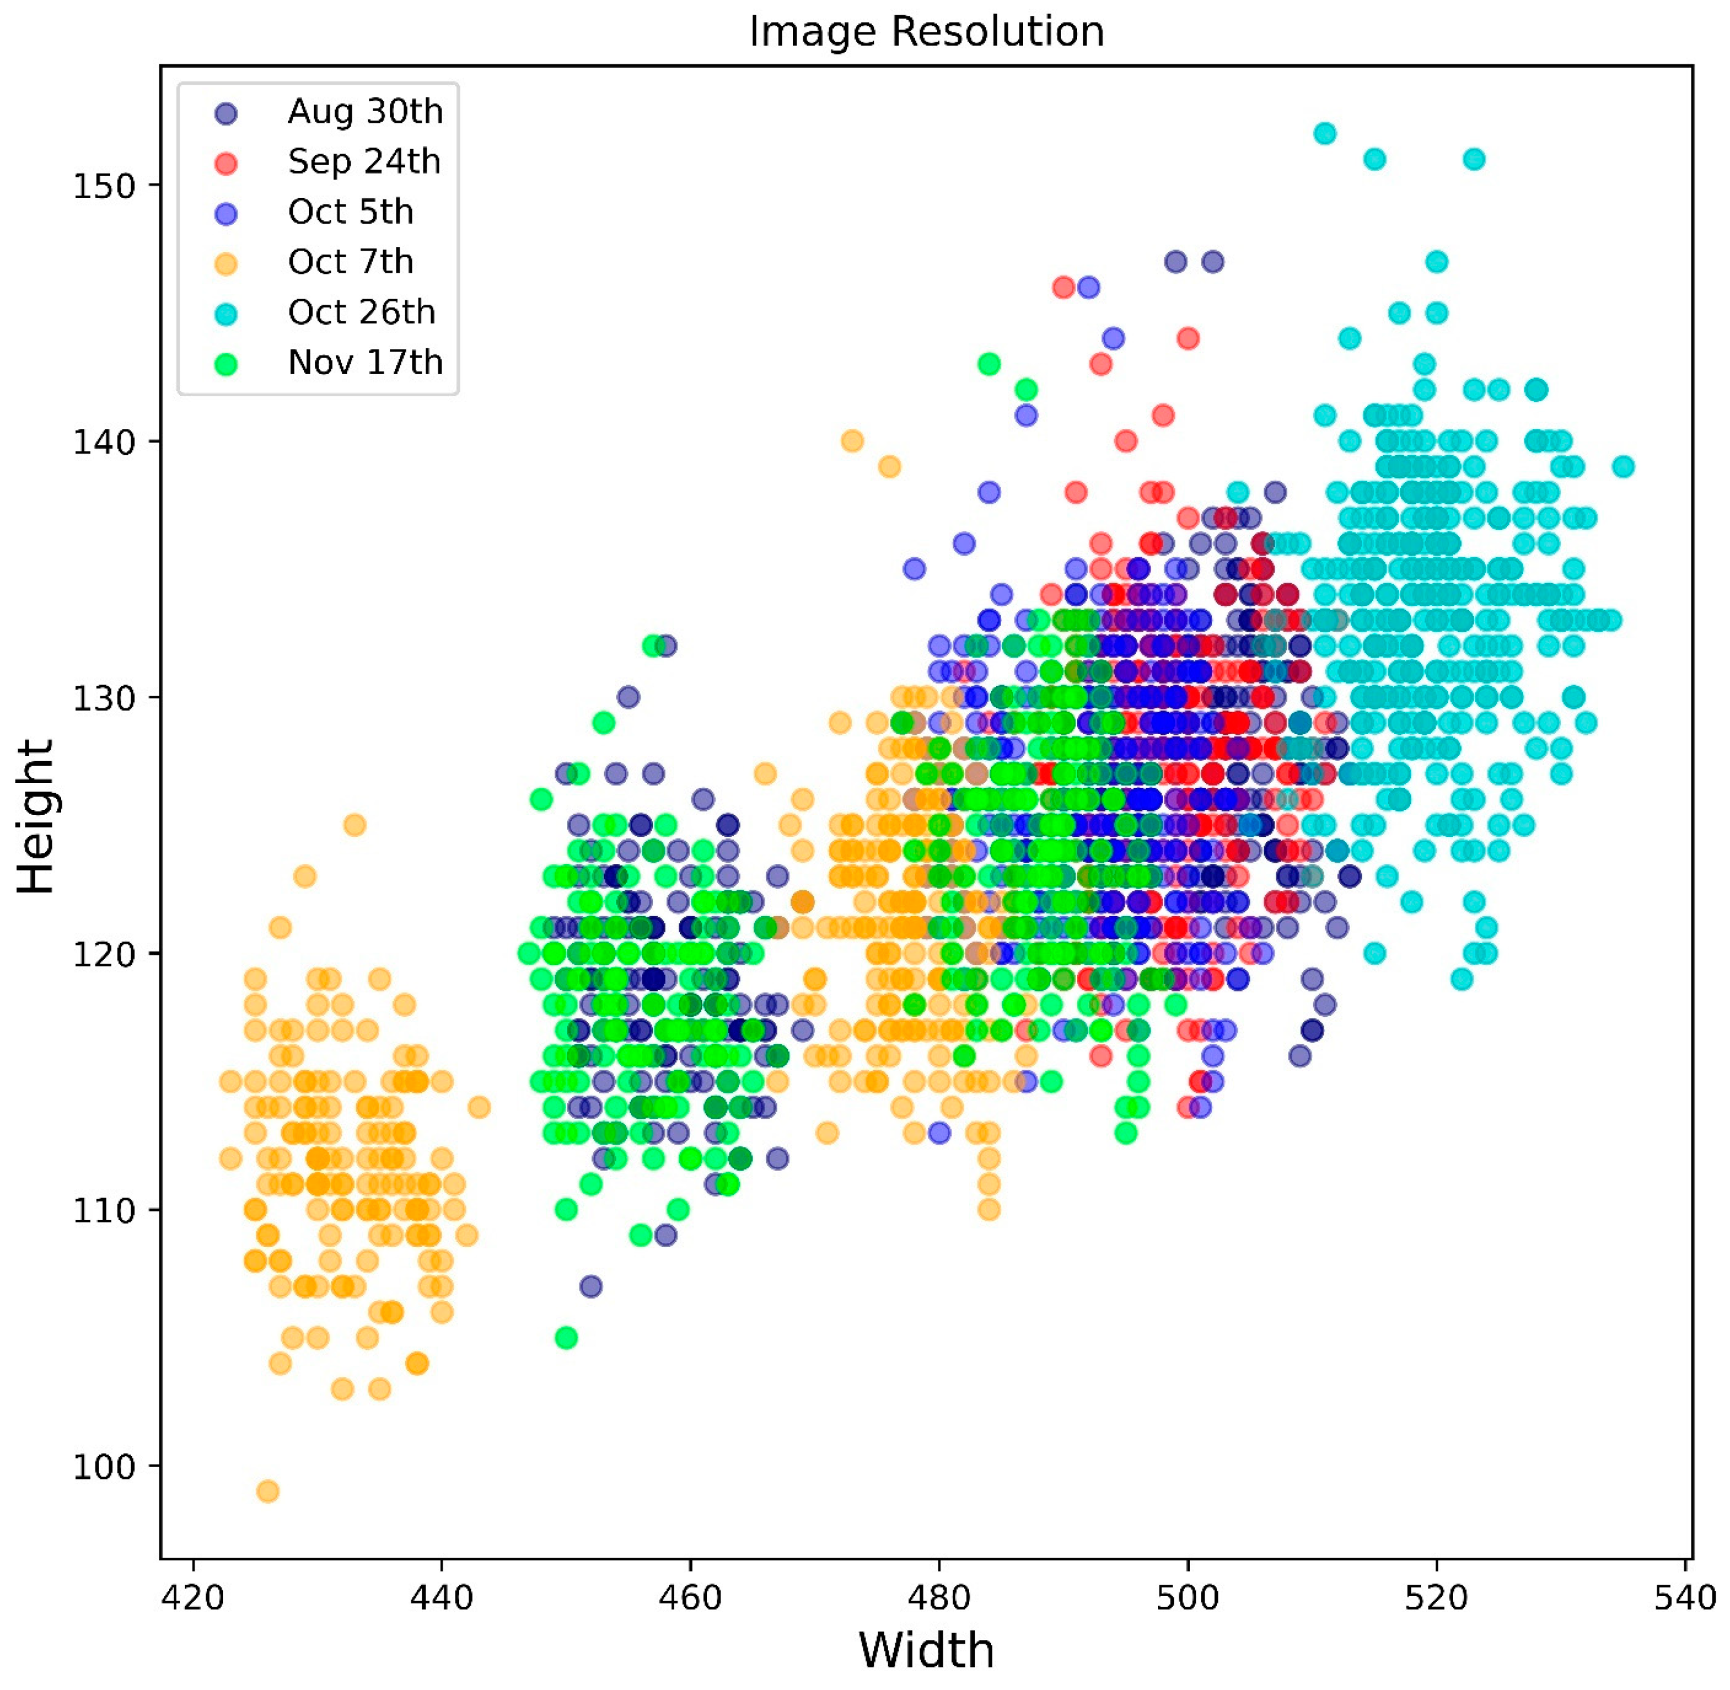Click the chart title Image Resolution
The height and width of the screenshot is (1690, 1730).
926,32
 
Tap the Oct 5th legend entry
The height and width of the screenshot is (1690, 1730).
351,212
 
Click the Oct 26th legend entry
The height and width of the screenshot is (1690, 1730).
361,312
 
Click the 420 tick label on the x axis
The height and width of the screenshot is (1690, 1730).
193,1598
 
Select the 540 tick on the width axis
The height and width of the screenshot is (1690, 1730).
1685,1598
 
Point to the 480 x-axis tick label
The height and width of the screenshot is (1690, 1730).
938,1598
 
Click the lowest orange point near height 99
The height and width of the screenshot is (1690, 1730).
268,1490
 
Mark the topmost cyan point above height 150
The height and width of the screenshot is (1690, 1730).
1324,134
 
